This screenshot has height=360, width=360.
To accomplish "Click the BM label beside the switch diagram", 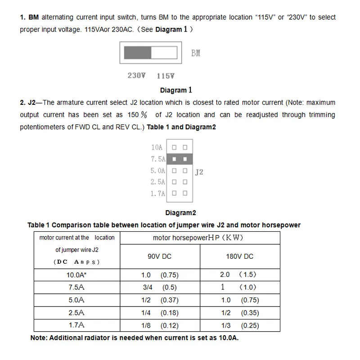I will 196,53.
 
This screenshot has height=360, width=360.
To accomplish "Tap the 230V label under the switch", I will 137,76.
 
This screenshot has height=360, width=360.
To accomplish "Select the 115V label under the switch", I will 166,76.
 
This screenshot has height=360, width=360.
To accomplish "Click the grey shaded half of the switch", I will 137,53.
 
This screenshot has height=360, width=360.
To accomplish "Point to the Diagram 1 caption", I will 176,90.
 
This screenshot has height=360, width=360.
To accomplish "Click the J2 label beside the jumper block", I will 199,172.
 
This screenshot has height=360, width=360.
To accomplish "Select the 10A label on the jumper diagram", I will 157,147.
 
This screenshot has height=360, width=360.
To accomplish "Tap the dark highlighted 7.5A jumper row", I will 180,159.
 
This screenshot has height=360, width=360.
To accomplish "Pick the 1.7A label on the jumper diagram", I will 158,193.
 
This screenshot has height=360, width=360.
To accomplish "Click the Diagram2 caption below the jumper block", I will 180,213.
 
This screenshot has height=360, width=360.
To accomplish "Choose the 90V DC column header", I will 159,256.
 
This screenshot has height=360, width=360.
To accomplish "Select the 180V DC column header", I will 239,256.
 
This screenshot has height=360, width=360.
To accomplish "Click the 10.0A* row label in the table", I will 76,274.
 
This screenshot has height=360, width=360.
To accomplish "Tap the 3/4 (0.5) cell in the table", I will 159,287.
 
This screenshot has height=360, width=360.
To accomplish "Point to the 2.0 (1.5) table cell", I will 238,274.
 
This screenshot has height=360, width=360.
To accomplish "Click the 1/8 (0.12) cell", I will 160,325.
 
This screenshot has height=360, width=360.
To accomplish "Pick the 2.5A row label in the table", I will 76,313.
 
